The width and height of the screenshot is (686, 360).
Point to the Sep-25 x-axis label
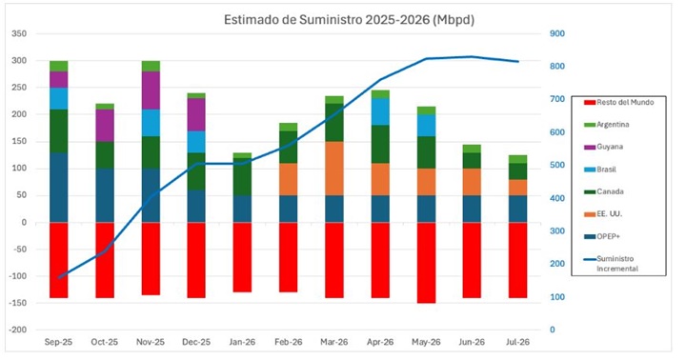pyautogui.click(x=58, y=340)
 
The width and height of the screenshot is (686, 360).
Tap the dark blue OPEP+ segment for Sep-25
pyautogui.click(x=58, y=187)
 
